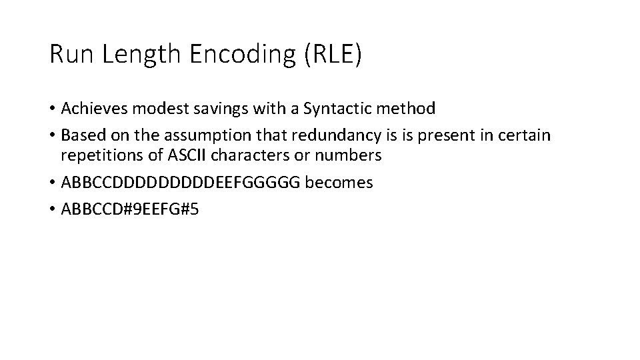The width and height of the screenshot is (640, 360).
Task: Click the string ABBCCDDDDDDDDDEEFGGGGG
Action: (x=181, y=182)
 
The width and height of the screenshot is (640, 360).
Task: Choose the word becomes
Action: (x=339, y=182)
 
